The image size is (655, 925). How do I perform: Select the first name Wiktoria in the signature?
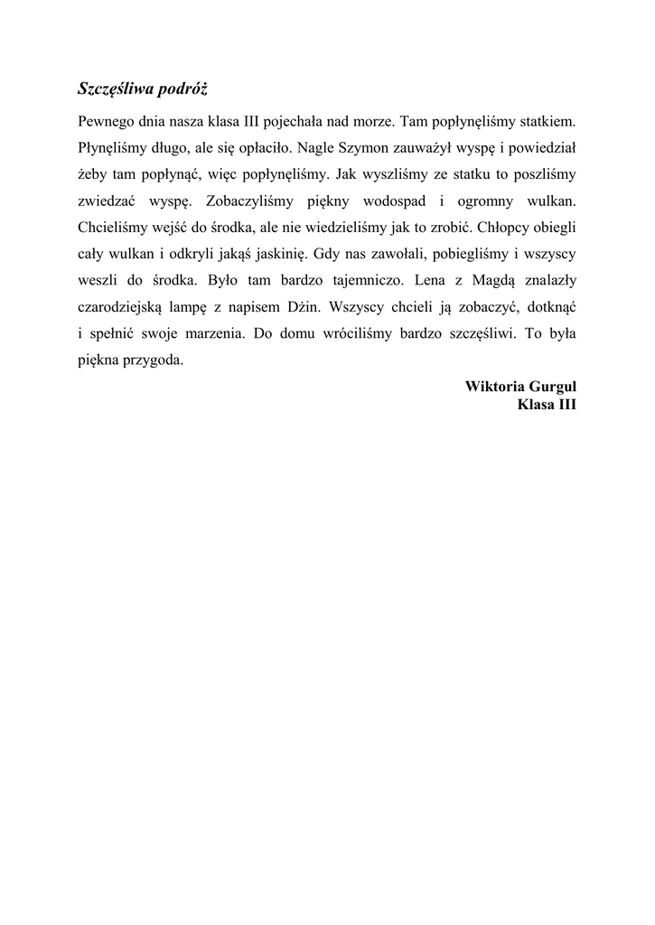click(492, 386)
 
